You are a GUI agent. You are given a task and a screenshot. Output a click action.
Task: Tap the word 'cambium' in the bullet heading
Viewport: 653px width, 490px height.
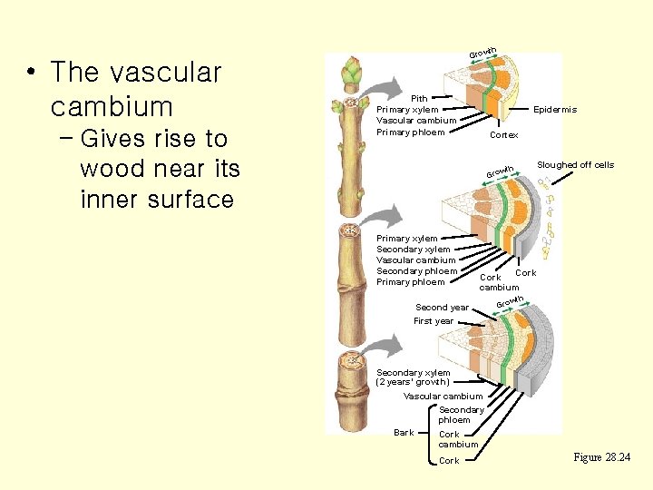click(112, 107)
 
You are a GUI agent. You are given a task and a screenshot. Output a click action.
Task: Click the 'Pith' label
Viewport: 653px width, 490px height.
click(419, 99)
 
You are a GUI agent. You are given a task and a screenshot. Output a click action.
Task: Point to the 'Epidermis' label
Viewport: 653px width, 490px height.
click(555, 110)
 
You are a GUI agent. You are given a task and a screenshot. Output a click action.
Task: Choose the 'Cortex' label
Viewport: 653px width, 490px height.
click(503, 135)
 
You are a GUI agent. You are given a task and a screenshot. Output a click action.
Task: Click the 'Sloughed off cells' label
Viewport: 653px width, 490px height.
click(575, 165)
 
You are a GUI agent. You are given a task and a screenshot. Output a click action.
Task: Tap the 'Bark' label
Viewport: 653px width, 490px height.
click(404, 433)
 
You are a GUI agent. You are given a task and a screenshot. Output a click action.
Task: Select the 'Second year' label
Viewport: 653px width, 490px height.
click(442, 308)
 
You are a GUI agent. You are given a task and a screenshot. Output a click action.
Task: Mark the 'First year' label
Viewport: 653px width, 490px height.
click(434, 321)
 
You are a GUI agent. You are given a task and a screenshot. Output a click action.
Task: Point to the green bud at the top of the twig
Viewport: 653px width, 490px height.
click(351, 71)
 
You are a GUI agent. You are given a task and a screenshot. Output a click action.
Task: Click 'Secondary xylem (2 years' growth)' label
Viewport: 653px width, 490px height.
click(413, 377)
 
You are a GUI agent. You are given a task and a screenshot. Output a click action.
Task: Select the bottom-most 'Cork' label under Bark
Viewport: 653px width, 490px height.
click(449, 462)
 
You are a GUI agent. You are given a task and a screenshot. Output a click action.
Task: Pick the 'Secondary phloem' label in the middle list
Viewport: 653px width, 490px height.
click(416, 271)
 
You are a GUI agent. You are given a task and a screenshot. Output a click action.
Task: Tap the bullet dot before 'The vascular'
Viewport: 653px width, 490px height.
click(31, 73)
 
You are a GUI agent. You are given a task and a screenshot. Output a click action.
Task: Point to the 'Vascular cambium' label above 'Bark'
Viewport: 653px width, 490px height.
click(443, 397)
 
